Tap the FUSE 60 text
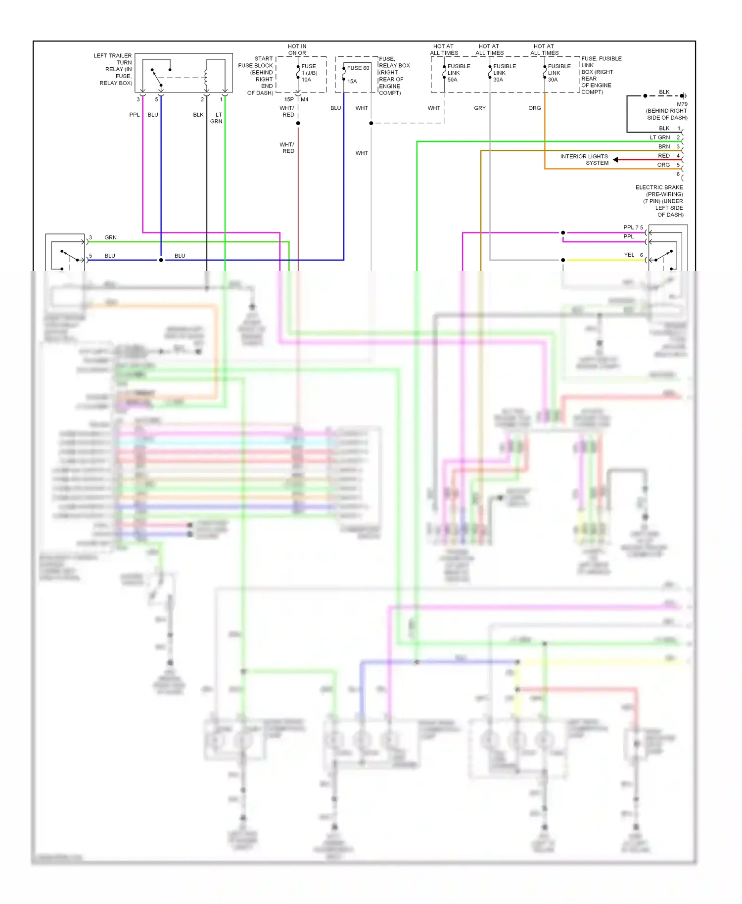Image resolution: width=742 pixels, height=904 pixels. [358, 68]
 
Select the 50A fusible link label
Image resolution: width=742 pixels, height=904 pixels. [452, 80]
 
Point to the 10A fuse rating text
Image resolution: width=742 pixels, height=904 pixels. [306, 80]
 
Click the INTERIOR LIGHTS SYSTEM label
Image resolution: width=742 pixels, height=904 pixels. [584, 160]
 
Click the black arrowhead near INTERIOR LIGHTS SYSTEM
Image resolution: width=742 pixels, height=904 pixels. [615, 159]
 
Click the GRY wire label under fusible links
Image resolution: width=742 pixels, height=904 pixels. [479, 108]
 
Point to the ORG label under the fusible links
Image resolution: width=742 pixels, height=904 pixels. [534, 108]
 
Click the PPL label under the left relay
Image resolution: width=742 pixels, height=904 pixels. [134, 115]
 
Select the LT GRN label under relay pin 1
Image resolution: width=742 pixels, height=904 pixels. [217, 118]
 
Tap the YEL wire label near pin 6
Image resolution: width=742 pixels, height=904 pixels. [629, 255]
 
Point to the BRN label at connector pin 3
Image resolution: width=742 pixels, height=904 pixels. [664, 146]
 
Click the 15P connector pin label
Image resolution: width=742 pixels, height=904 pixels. [289, 99]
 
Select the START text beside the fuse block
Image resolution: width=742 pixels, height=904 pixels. [264, 59]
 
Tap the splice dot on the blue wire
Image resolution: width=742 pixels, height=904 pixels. [161, 260]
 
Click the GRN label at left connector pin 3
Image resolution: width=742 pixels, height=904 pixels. [110, 237]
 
